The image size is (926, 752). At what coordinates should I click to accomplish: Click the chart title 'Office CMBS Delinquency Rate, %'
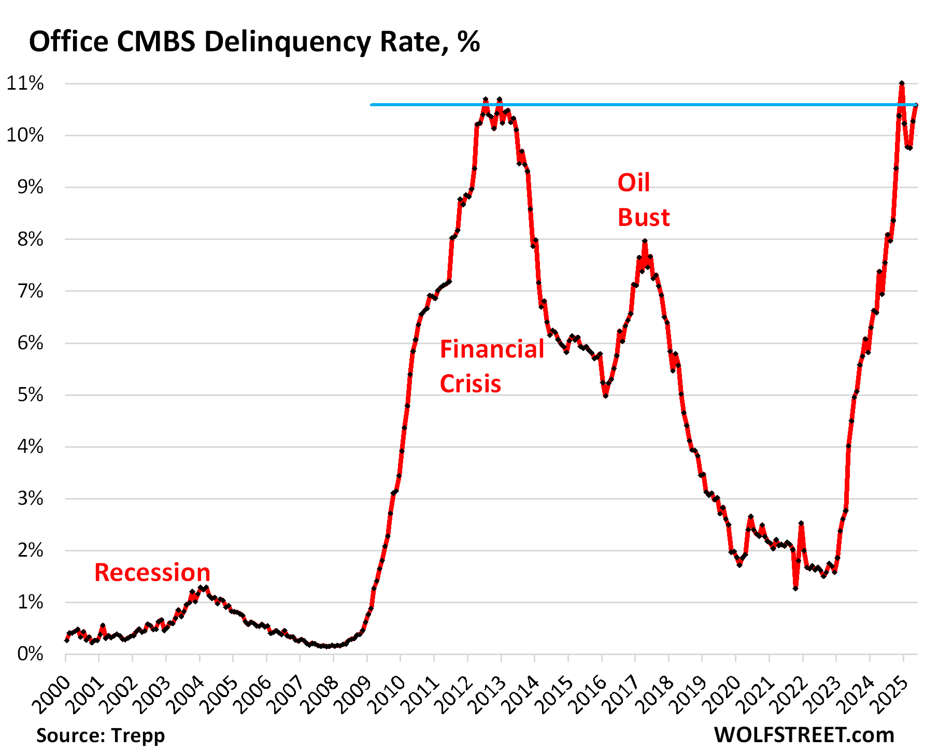click(x=254, y=41)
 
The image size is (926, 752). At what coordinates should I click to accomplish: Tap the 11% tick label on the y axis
click(x=25, y=83)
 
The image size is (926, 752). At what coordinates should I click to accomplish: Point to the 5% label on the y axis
click(x=30, y=395)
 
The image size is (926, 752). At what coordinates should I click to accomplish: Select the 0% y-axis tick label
click(x=30, y=654)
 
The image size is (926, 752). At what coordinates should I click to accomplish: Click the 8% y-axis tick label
click(x=30, y=239)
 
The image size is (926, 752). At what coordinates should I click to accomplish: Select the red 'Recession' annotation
click(x=152, y=573)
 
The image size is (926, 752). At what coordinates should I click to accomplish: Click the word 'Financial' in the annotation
click(x=492, y=349)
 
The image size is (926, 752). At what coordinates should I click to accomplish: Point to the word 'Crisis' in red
click(x=470, y=384)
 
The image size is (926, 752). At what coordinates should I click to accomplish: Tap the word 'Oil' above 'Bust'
click(x=633, y=183)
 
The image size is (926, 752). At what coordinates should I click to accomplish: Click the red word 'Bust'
click(x=644, y=218)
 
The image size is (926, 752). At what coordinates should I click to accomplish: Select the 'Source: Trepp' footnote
click(x=101, y=735)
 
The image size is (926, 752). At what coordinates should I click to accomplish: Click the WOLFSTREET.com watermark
click(x=804, y=735)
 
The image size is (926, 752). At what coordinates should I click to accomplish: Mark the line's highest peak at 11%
click(x=902, y=83)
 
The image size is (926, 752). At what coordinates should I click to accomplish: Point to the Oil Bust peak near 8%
click(x=645, y=242)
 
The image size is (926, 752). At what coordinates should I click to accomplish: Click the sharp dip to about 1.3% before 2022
click(x=795, y=588)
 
